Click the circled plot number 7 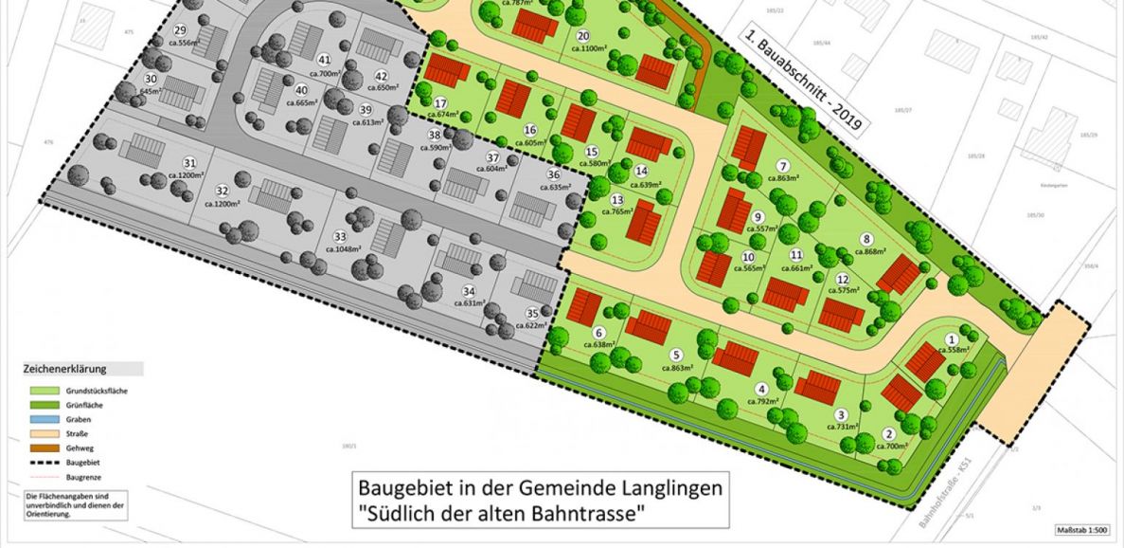pos(783,166)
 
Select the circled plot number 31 pos(189,162)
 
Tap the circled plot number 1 pos(953,338)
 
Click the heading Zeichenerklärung pos(65,369)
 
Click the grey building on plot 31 pos(148,151)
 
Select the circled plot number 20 pos(580,36)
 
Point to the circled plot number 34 pos(468,291)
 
